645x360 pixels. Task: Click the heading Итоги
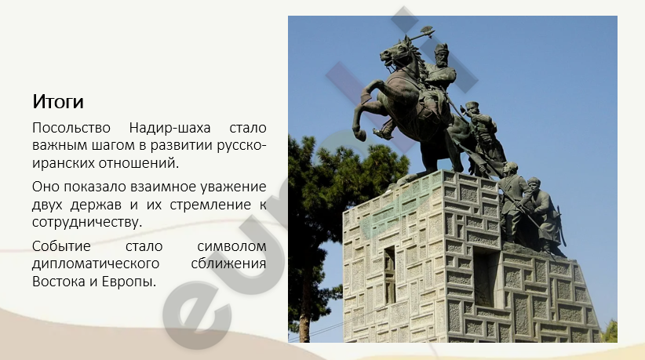coord(58,101)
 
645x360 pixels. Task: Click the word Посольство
coord(71,128)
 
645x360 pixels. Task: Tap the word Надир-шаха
coord(169,129)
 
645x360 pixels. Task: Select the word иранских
coord(63,163)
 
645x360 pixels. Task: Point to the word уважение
coord(233,187)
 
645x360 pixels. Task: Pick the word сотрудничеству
coord(87,222)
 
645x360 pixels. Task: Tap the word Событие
coord(61,245)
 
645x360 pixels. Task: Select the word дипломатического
coord(96,264)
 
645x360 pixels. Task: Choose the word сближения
coord(228,264)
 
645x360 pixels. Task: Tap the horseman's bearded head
coord(442,54)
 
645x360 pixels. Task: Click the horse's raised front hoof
coord(360,135)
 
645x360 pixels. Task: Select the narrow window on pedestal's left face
coord(389,275)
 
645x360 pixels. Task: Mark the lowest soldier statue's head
coord(534,184)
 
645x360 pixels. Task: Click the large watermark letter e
coord(197,314)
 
